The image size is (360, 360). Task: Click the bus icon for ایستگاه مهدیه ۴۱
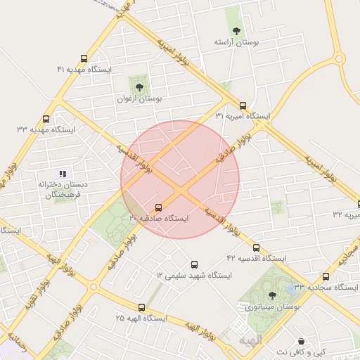click(84, 58)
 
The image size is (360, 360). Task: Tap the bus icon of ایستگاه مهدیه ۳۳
click(46, 120)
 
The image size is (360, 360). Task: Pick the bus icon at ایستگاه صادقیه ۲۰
click(158, 207)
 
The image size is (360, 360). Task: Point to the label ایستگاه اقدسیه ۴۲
click(257, 259)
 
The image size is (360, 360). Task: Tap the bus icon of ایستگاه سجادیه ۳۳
click(326, 276)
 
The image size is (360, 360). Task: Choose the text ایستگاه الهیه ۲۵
click(141, 318)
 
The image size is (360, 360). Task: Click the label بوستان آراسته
click(237, 43)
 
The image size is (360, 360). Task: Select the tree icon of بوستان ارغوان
click(139, 88)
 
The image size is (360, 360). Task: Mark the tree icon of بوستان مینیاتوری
click(273, 295)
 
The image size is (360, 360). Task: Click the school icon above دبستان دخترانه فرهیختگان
click(62, 173)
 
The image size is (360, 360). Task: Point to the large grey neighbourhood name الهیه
click(250, 340)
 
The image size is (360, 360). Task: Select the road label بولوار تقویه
click(39, 289)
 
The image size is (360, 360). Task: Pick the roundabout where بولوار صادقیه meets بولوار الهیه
click(94, 286)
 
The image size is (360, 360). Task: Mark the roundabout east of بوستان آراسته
click(340, 58)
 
